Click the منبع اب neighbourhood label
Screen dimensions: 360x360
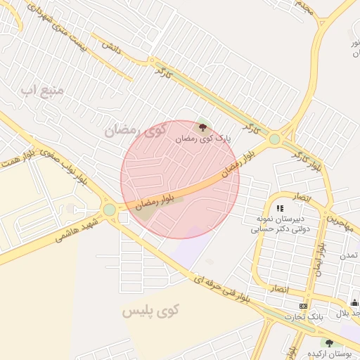[43, 90]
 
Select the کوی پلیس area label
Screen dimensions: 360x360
[151, 310]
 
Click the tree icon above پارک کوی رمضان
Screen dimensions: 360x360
[203, 127]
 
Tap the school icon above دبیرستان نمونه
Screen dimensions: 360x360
[281, 208]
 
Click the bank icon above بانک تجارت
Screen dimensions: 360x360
[303, 306]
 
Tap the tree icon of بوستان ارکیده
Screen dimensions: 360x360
[329, 342]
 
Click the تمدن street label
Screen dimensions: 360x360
[349, 255]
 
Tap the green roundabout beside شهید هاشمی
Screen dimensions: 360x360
[110, 210]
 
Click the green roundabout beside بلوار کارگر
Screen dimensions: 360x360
[274, 139]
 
